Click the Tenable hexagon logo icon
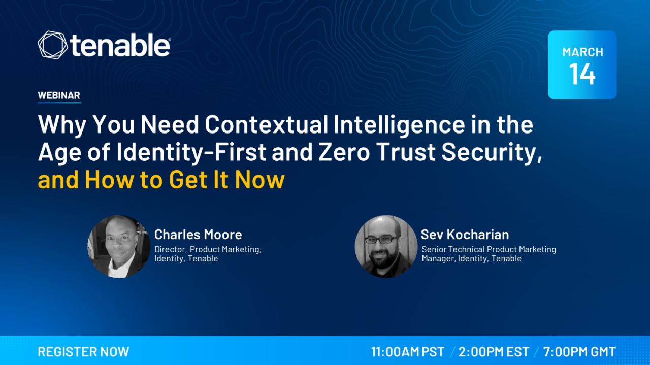(52, 45)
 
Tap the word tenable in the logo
(120, 45)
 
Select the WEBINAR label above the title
(59, 95)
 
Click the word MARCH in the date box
(582, 52)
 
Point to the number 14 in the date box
(582, 74)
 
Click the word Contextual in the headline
(267, 124)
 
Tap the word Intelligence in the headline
(399, 125)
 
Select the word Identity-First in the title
(191, 153)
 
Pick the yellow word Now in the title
(259, 180)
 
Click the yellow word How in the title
(109, 180)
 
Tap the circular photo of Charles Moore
(119, 246)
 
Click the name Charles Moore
(198, 235)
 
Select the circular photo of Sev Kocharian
(386, 246)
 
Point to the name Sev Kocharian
(465, 235)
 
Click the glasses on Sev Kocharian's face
(381, 240)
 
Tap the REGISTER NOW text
(83, 352)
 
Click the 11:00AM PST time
(408, 352)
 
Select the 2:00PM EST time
(494, 352)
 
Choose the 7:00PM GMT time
(579, 352)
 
